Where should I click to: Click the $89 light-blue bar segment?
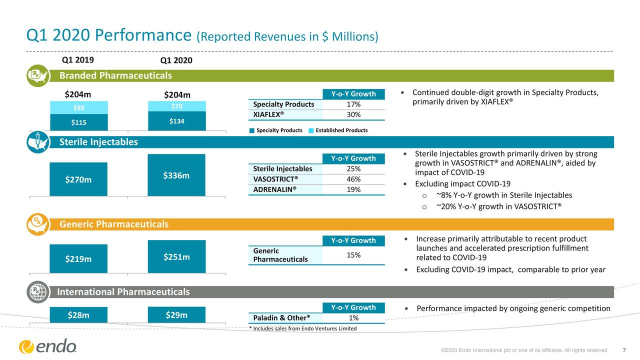(x=78, y=107)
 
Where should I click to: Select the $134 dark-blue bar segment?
(x=176, y=120)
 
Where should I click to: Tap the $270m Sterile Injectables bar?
(x=78, y=179)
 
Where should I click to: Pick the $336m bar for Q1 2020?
(x=176, y=175)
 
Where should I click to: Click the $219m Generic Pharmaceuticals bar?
(x=78, y=258)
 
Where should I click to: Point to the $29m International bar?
(x=176, y=314)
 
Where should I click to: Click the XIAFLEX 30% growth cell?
(x=353, y=114)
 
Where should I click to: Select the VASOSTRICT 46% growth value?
(x=353, y=179)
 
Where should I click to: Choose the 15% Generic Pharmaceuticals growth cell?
(x=353, y=255)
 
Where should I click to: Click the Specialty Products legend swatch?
(x=252, y=130)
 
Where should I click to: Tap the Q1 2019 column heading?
(x=77, y=60)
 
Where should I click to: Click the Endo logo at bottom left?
(x=48, y=346)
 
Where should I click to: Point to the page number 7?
(x=624, y=350)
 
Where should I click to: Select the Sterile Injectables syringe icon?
(x=38, y=142)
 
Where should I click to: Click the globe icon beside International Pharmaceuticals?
(x=38, y=292)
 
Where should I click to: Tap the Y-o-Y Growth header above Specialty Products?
(x=353, y=94)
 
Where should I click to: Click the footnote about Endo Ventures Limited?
(x=302, y=328)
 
